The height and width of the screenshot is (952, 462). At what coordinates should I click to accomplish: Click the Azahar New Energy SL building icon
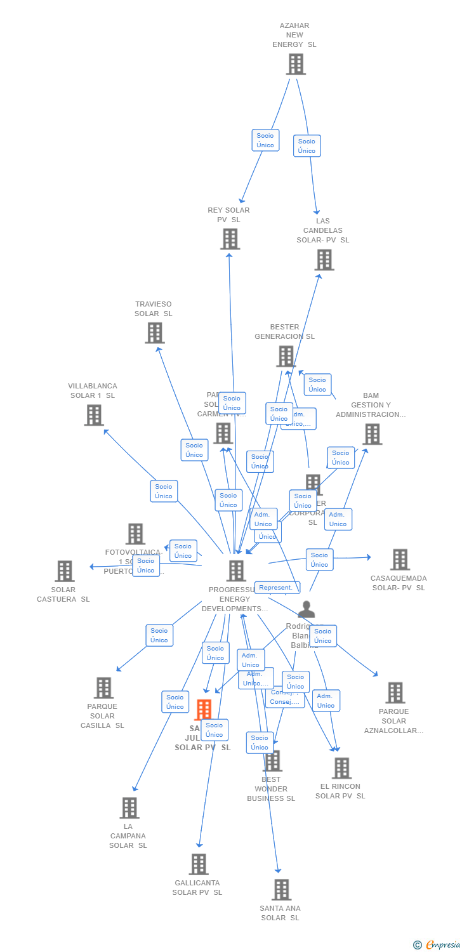tap(296, 64)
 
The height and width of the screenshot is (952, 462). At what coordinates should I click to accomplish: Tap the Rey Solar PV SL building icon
tap(230, 239)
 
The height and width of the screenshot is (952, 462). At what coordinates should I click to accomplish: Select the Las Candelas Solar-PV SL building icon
tap(324, 260)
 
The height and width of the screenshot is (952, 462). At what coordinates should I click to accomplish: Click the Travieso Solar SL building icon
tap(154, 333)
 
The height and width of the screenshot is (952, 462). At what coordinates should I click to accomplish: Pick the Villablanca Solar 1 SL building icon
tap(94, 415)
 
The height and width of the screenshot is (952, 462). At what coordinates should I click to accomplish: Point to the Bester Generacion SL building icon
tap(286, 356)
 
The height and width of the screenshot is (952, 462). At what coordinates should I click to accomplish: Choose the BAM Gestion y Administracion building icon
tap(372, 434)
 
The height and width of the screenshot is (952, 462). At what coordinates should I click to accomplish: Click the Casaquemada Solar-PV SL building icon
tap(400, 559)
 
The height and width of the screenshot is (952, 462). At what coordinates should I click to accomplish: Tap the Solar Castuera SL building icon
tap(64, 571)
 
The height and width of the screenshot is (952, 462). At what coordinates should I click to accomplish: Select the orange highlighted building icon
tap(204, 710)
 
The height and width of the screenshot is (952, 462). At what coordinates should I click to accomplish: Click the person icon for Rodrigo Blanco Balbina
tap(306, 610)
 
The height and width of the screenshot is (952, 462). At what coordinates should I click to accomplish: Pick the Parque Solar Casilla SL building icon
tap(103, 687)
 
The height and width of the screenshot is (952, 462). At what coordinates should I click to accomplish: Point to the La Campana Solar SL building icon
tap(129, 808)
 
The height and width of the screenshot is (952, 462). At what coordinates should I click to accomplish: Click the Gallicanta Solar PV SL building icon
tap(199, 864)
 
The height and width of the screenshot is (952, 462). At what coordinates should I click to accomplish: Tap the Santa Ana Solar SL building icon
tap(281, 889)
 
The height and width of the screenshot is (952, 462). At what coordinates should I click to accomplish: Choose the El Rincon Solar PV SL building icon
tap(341, 768)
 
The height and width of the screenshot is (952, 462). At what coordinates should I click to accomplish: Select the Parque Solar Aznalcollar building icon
tap(395, 692)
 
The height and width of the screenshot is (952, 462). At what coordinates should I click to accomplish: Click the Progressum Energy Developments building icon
tap(236, 571)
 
